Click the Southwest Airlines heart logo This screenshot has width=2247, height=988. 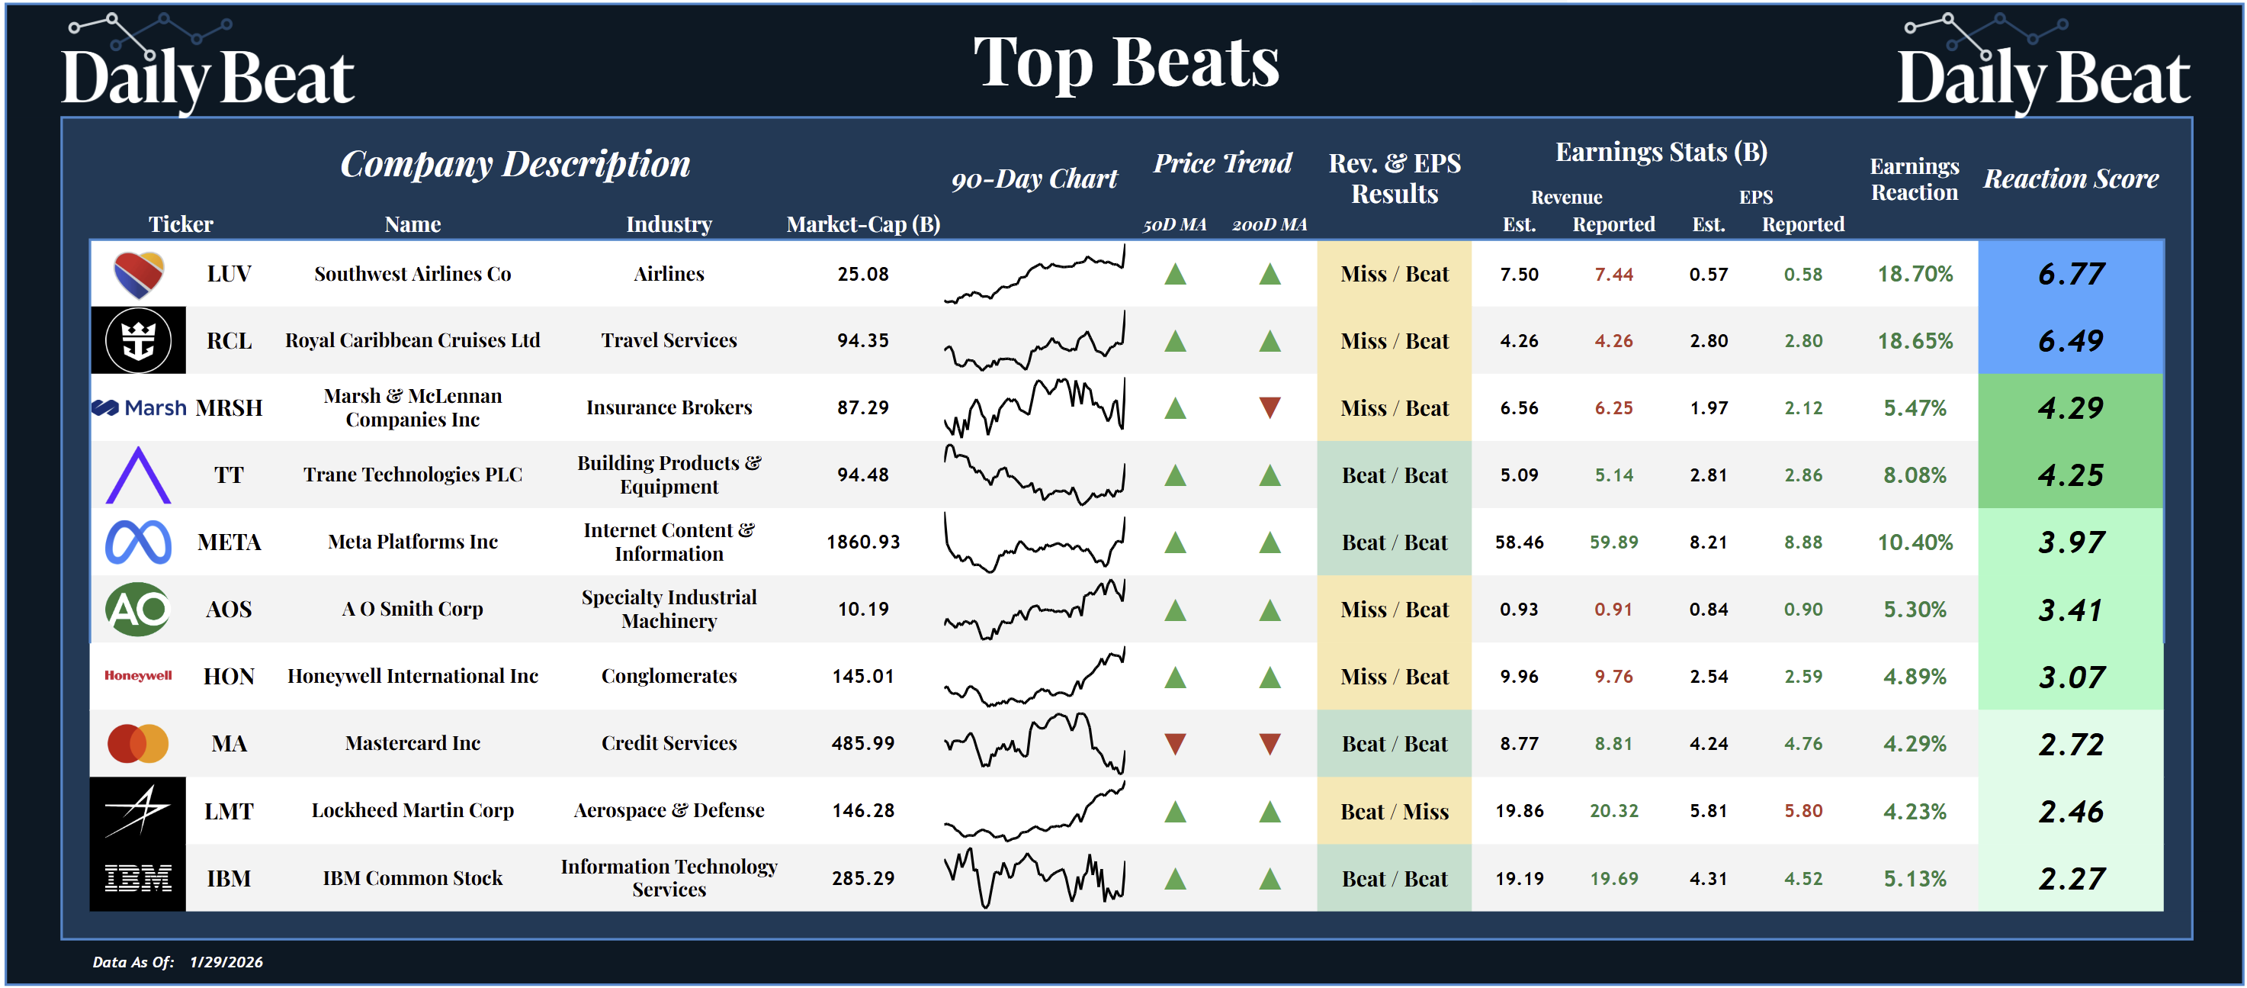(139, 274)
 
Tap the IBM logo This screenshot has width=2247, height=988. (138, 878)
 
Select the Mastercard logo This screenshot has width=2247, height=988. (138, 744)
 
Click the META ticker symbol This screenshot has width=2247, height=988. (229, 542)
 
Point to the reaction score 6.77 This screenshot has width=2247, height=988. (2071, 274)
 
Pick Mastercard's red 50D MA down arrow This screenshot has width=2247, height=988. (1175, 744)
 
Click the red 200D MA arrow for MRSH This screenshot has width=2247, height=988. (1270, 407)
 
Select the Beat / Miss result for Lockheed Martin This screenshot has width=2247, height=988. (1394, 811)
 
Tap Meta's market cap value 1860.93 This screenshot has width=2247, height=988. (862, 542)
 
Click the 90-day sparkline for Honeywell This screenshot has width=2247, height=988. (1035, 677)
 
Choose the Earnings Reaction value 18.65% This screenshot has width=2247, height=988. (1915, 340)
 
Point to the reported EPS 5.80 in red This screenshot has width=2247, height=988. (1803, 811)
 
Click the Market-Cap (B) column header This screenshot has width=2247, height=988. (862, 224)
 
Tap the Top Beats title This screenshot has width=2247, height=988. (1125, 63)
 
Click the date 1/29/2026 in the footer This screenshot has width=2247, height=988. (226, 962)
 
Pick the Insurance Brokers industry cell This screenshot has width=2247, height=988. (669, 407)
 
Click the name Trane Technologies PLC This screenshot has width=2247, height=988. (412, 475)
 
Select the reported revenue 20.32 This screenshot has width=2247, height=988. (1613, 811)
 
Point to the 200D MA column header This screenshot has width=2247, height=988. (1270, 224)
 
